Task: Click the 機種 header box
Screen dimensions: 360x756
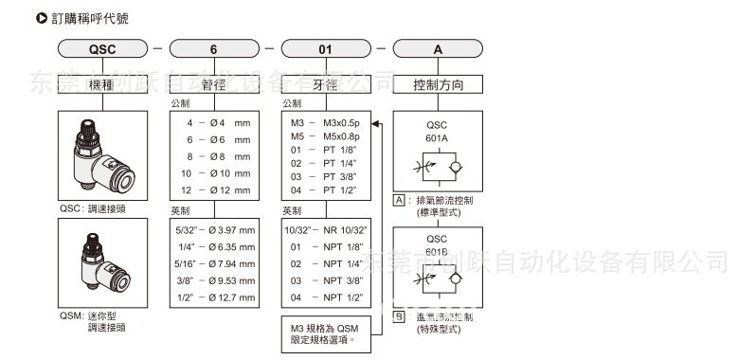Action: point(103,85)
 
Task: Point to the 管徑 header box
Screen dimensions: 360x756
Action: point(214,85)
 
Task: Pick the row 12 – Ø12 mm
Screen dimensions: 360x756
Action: point(214,190)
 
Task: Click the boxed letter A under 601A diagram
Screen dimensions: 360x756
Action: point(400,201)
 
